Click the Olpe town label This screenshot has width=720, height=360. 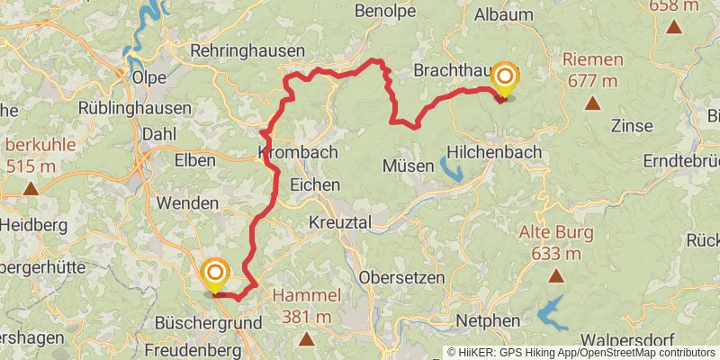click(x=148, y=77)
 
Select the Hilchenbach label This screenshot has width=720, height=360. click(x=493, y=152)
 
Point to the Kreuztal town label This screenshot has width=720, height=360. click(x=346, y=220)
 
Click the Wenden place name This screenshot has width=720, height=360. click(x=186, y=203)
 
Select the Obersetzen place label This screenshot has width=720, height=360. click(x=401, y=277)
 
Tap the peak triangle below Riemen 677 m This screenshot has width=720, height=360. click(x=592, y=103)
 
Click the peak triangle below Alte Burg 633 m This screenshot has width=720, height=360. click(x=555, y=276)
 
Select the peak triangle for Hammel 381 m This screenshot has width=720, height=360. click(x=307, y=339)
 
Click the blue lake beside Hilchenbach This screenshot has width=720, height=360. click(x=451, y=168)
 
